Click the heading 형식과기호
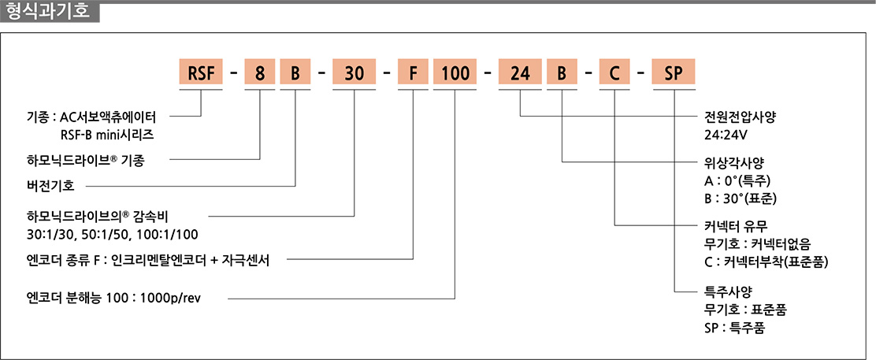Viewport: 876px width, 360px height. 50,11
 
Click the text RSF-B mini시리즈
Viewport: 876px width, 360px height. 105,135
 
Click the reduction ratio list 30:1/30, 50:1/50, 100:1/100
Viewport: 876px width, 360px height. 112,233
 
